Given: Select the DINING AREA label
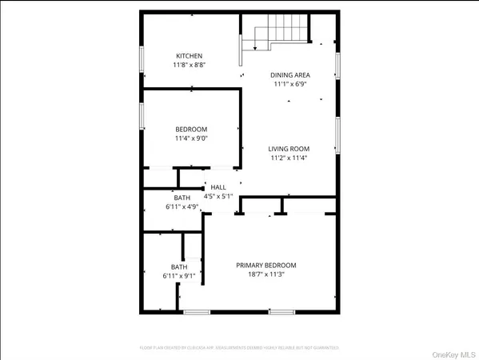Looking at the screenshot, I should coord(290,75).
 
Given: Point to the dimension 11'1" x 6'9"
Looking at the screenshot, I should coord(290,84).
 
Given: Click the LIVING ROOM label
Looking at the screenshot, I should coord(288,149).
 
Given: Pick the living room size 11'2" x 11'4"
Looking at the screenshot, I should coord(288,158).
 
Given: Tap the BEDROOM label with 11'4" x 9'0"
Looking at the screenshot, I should coord(191,130).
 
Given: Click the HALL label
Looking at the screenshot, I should coord(218,186).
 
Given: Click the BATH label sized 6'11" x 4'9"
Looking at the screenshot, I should coord(182,197).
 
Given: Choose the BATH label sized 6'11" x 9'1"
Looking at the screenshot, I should coord(178,267).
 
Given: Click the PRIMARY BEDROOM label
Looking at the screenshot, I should coord(265,265).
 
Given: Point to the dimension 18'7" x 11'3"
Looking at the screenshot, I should coord(265,274).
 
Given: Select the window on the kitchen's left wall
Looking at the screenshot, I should coord(142,62).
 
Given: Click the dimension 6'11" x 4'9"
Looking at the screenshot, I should coord(182,206).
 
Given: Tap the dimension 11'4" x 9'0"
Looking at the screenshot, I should coord(191,138).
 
